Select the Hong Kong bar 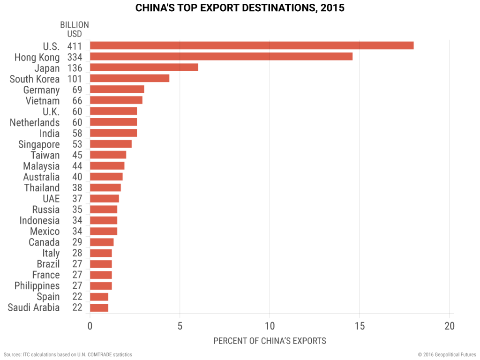pyautogui.click(x=221, y=57)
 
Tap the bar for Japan pyautogui.click(x=144, y=67)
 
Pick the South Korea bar pyautogui.click(x=129, y=78)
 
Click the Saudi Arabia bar pyautogui.click(x=99, y=307)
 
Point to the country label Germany pyautogui.click(x=41, y=90)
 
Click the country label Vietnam pyautogui.click(x=43, y=100)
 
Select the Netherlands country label pyautogui.click(x=35, y=122)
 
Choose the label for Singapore pyautogui.click(x=39, y=144)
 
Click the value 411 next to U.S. pyautogui.click(x=75, y=46)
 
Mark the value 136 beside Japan pyautogui.click(x=75, y=68)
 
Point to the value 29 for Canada pyautogui.click(x=77, y=242)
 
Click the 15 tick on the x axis pyautogui.click(x=360, y=326)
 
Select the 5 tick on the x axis pyautogui.click(x=180, y=326)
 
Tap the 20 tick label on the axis pyautogui.click(x=450, y=326)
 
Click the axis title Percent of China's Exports pyautogui.click(x=270, y=341)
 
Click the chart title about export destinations pyautogui.click(x=240, y=8)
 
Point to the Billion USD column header pyautogui.click(x=74, y=29)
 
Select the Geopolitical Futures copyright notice pyautogui.click(x=445, y=354)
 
